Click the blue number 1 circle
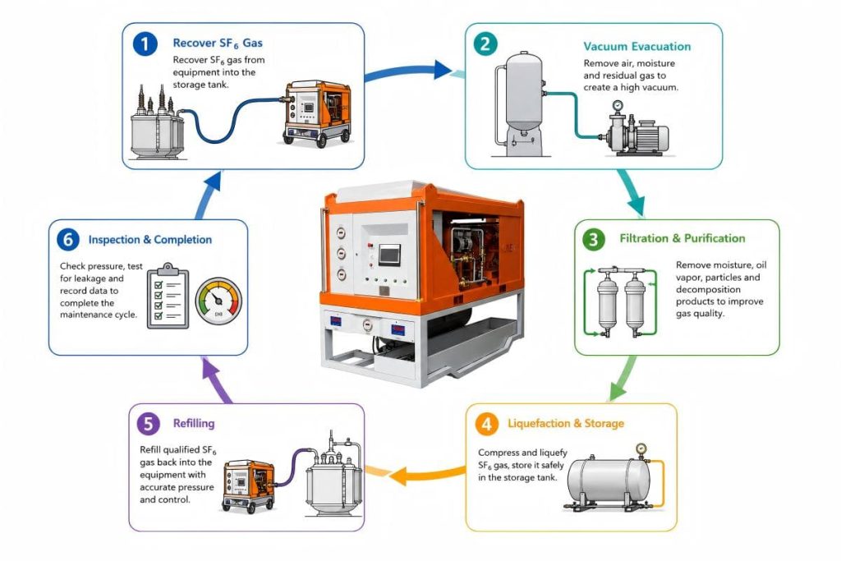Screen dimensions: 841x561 point(145,44)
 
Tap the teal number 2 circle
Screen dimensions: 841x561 point(485,44)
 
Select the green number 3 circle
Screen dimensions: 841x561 point(594,239)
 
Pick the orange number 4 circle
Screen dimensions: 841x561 point(486,424)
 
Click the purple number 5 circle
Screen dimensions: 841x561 point(149,424)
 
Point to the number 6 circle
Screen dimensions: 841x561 point(68,239)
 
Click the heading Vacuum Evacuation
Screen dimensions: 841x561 point(637,47)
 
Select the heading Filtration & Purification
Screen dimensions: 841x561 point(682,238)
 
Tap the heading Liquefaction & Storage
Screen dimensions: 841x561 point(566,423)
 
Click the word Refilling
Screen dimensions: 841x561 point(194,423)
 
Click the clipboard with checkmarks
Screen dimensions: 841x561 point(168,296)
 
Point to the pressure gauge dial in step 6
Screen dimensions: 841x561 point(218,301)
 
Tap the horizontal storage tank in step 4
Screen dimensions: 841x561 point(609,479)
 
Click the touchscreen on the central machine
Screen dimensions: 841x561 point(389,255)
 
